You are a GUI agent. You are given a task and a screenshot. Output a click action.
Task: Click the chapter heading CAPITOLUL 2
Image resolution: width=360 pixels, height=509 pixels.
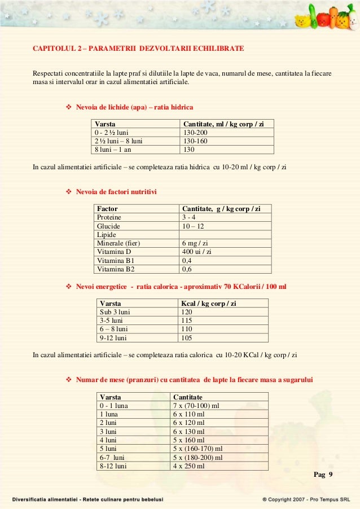tap(138, 49)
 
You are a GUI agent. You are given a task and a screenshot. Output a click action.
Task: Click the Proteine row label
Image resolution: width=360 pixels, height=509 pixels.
tap(109, 217)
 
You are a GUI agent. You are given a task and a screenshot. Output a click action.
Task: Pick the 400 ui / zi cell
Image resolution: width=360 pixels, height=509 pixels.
tap(197, 252)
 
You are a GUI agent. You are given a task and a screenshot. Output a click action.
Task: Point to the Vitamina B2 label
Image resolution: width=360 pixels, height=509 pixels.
tap(116, 269)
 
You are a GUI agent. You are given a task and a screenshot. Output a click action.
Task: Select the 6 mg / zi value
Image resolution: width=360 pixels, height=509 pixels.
tap(195, 243)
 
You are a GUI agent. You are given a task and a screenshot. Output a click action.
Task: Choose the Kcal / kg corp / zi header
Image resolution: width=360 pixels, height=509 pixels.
tap(209, 304)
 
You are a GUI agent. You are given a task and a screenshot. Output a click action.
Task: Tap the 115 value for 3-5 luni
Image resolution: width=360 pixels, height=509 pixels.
tap(187, 321)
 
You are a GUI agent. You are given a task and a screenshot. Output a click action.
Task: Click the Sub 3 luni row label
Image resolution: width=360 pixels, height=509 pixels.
tap(115, 312)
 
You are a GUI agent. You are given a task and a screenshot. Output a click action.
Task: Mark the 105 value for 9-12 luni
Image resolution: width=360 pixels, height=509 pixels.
tap(187, 338)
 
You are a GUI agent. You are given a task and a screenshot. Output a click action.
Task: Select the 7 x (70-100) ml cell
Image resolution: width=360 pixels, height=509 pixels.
tap(198, 406)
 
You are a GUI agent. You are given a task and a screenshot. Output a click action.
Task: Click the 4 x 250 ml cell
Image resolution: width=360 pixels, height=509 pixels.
tap(189, 467)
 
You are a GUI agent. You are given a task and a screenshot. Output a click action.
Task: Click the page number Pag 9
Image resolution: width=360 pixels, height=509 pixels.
tap(323, 474)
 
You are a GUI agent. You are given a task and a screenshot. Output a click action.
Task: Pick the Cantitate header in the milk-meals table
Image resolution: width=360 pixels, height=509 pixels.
tap(188, 397)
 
